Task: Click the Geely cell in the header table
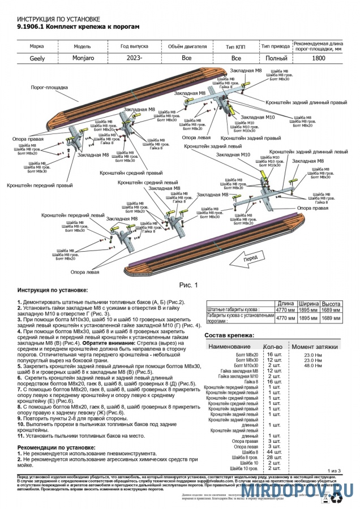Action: [37, 58]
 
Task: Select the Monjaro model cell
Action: [83, 58]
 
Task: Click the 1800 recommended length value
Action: [318, 58]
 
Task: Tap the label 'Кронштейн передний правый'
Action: [40, 185]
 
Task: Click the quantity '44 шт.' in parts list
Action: [274, 452]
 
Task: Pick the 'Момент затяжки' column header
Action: [315, 346]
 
